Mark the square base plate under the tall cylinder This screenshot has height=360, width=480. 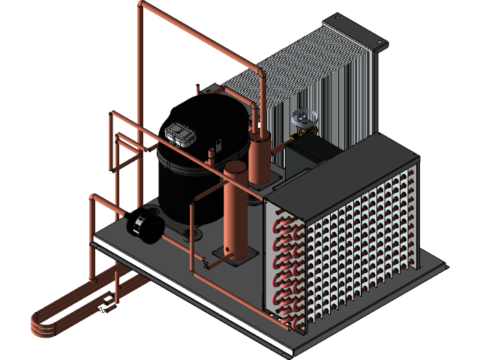click(x=232, y=256)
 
